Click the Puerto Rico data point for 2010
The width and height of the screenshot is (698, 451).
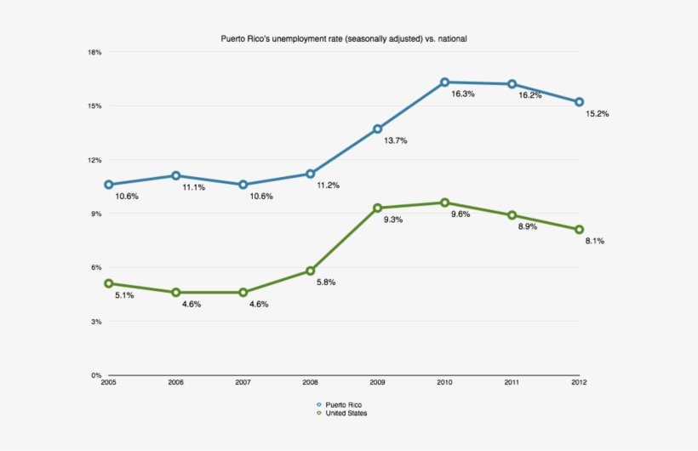coord(444,83)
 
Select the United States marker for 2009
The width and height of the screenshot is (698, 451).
coord(377,208)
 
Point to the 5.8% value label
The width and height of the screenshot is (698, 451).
coord(323,282)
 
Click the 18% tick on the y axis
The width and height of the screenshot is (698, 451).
coord(94,53)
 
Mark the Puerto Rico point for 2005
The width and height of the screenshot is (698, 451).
coord(108,185)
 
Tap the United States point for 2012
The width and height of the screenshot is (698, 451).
coord(579,230)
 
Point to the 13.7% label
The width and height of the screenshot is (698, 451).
coord(395,140)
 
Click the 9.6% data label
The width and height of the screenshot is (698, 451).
coord(461,214)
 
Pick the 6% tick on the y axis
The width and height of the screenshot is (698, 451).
coord(96,268)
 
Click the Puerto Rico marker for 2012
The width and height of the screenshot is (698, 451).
coord(579,102)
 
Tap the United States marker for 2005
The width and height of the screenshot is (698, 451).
coord(108,283)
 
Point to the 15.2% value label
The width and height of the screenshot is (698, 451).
coord(597,113)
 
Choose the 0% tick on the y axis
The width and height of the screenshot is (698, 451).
coord(96,375)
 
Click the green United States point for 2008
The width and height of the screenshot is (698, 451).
coord(310,271)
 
